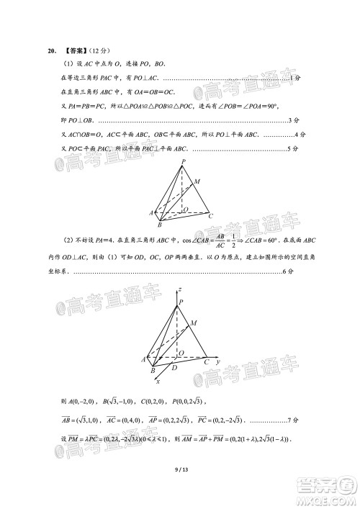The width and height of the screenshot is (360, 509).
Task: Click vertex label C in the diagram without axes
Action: click(x=210, y=215)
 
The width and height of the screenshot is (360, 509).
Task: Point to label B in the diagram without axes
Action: click(x=159, y=225)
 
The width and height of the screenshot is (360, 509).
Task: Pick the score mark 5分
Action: click(x=293, y=148)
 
